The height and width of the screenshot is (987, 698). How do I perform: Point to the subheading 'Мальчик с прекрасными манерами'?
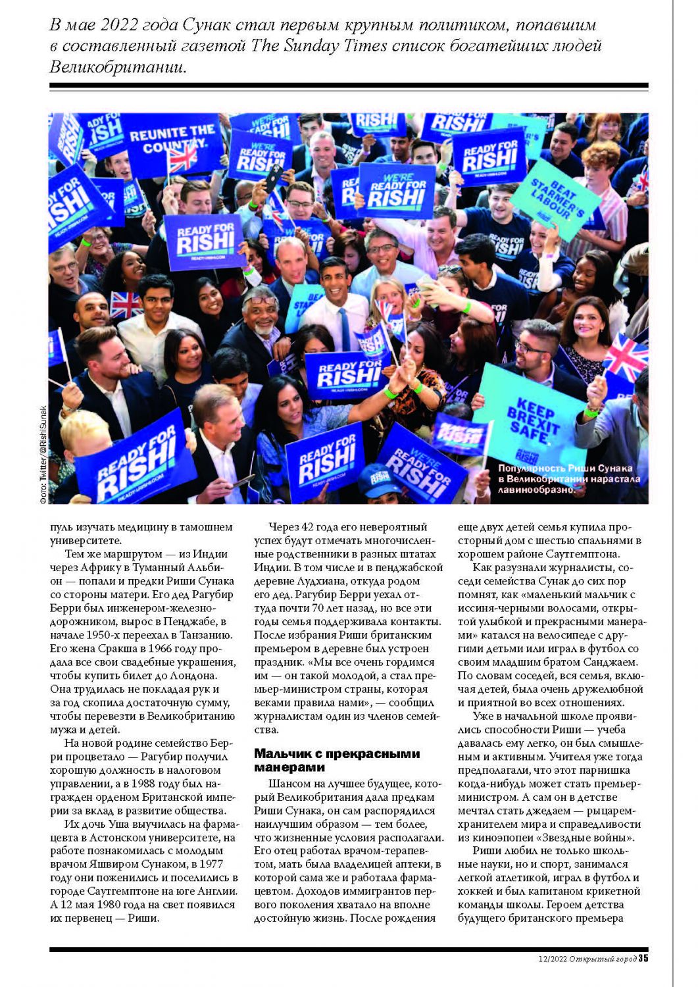(x=336, y=760)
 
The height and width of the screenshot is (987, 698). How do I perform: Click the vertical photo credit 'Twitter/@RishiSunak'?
(x=43, y=455)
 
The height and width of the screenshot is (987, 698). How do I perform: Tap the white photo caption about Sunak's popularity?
(x=569, y=478)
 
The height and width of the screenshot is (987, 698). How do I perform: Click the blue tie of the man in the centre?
(x=344, y=328)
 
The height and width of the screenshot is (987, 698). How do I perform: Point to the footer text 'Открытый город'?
(x=603, y=959)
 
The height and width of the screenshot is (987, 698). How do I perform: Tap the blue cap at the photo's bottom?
(x=380, y=480)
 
